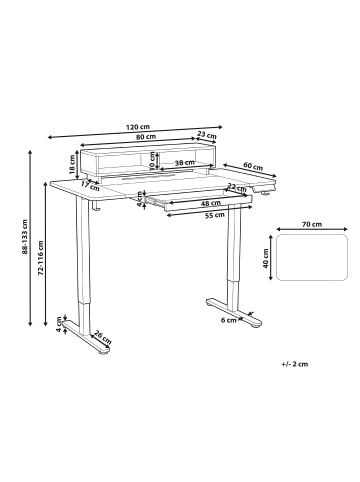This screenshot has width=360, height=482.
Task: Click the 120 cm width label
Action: [138, 127]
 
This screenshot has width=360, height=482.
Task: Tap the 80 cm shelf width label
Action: [146, 136]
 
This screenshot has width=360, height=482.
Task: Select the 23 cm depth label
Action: [207, 135]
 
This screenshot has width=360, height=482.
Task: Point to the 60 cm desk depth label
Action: [253, 166]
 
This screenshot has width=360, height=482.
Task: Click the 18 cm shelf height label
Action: [72, 165]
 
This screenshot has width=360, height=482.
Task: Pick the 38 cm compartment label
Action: [185, 163]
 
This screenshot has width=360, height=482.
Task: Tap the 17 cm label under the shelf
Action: [90, 186]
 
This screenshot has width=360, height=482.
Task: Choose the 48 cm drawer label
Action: [211, 203]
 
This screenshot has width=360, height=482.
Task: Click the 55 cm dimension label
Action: [214, 215]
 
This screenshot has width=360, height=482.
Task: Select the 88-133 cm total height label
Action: [25, 237]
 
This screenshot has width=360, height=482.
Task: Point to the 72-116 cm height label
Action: [41, 258]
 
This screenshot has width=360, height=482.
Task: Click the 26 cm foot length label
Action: [102, 337]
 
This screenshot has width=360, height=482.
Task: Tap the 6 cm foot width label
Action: [229, 320]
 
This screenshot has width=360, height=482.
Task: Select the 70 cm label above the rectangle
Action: [312, 224]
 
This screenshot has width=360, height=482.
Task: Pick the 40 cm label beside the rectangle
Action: [266, 259]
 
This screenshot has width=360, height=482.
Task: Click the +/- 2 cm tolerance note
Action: [295, 364]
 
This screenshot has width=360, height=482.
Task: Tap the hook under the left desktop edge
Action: [96, 206]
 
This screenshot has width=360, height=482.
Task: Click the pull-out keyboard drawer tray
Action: [200, 202]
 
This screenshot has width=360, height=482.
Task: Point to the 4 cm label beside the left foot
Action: [59, 324]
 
